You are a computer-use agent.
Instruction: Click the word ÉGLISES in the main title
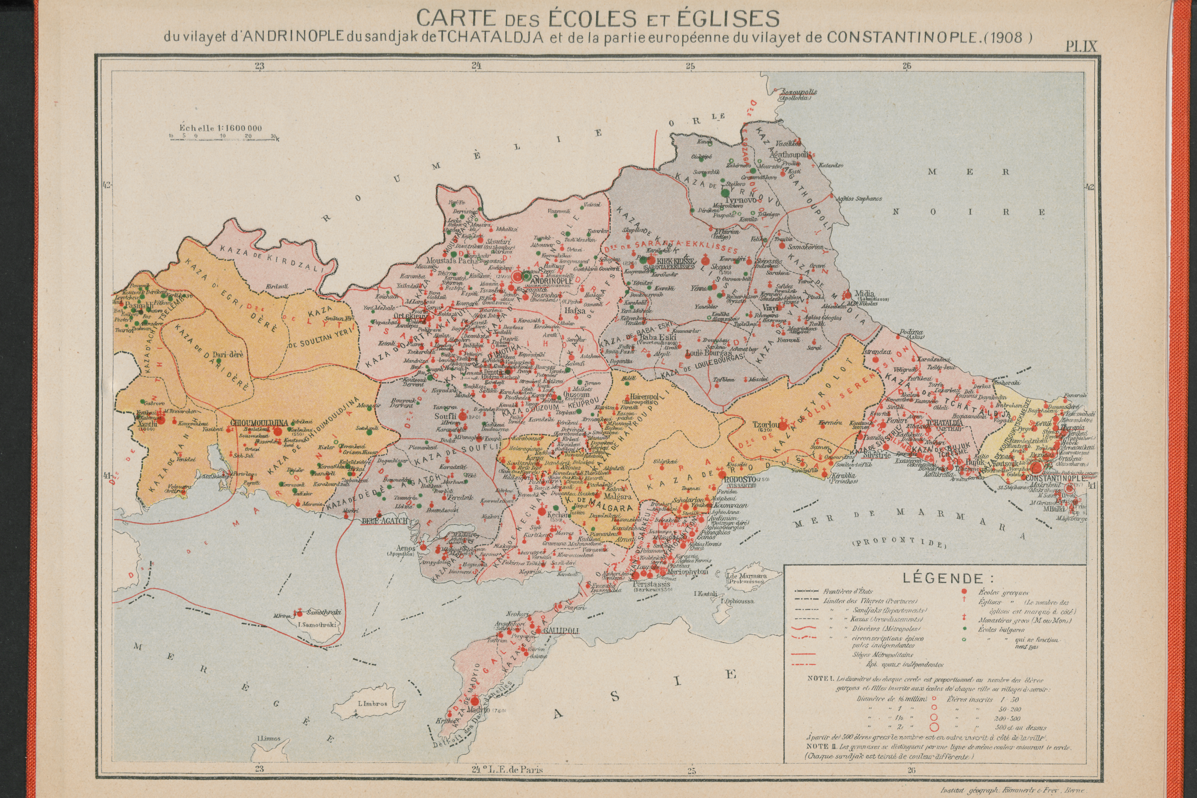click(x=726, y=19)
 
